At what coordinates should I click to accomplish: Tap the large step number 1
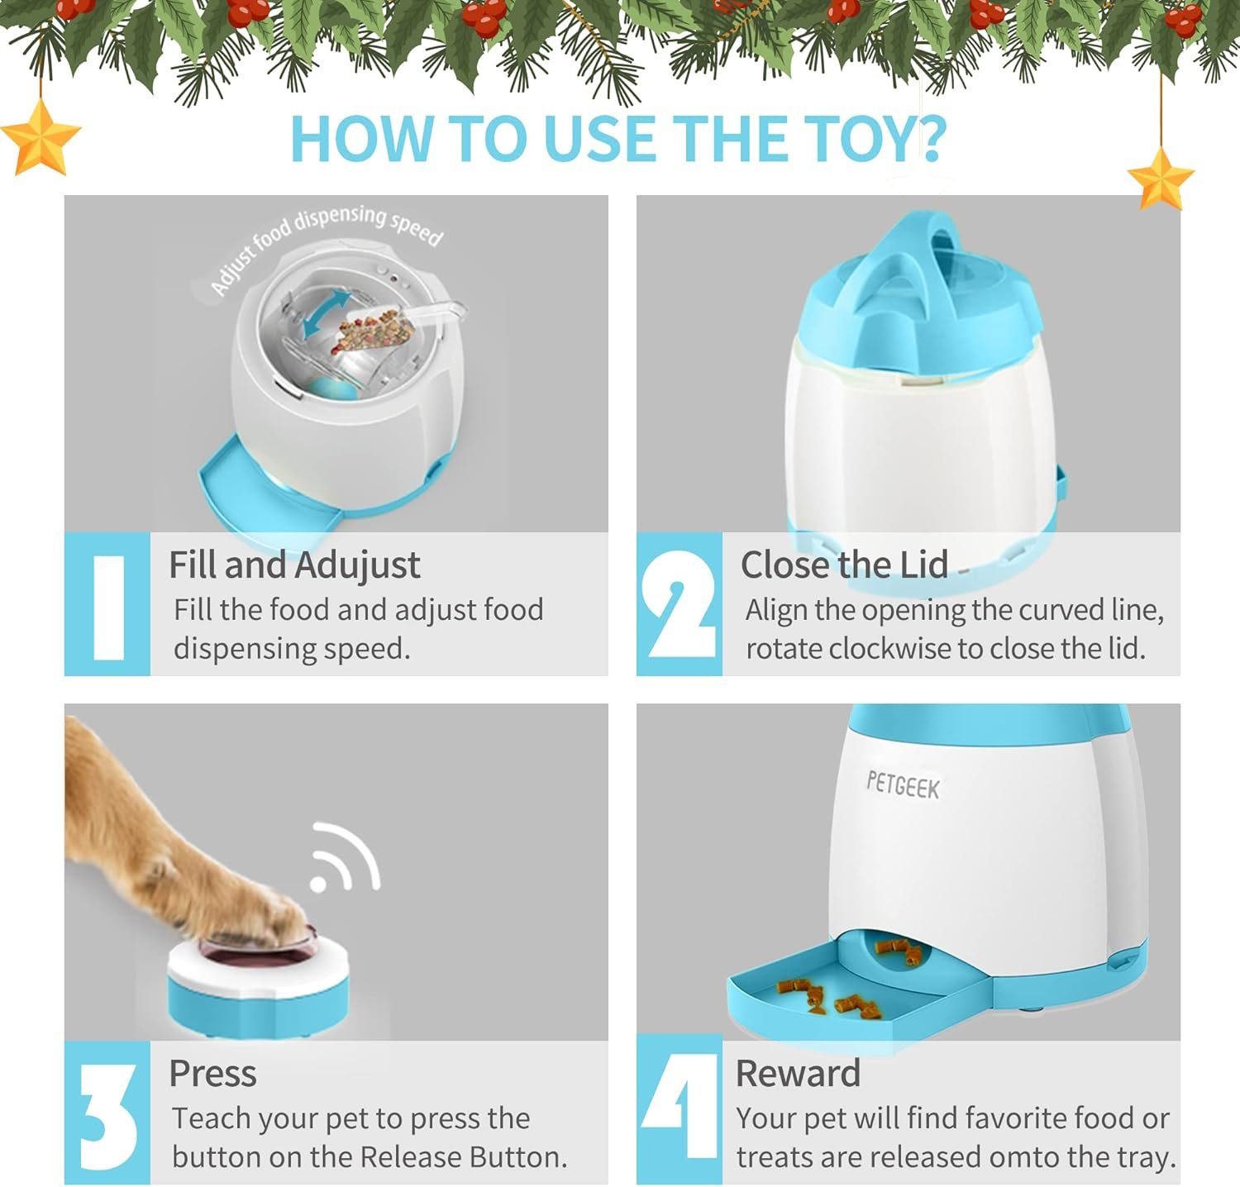click(108, 606)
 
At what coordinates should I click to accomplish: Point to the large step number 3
click(108, 1115)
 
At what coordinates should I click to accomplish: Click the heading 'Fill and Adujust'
click(294, 566)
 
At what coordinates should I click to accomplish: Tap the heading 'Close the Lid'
click(844, 565)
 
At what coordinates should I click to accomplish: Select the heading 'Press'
click(212, 1074)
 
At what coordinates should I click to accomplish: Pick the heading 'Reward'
click(799, 1074)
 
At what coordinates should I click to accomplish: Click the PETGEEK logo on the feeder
click(903, 784)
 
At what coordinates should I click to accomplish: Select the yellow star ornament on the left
click(40, 137)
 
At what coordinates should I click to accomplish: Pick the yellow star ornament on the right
click(1161, 179)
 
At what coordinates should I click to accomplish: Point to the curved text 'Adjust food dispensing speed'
click(327, 244)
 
